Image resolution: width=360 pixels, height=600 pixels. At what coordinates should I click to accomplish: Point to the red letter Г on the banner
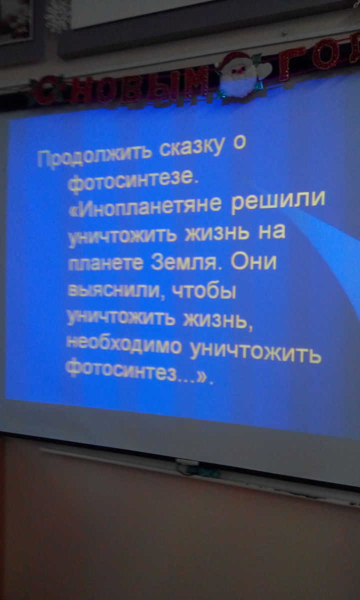click(x=290, y=64)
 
